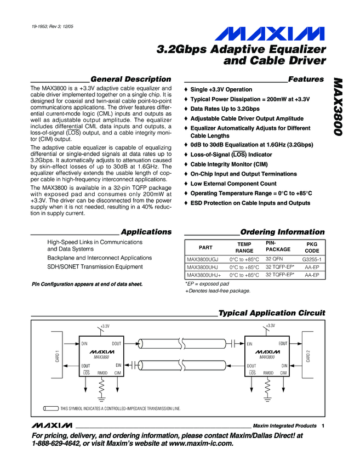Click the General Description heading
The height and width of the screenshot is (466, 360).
coord(130,79)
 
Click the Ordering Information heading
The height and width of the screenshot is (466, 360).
coord(282,232)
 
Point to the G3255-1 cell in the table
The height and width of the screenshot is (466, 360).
coord(311,258)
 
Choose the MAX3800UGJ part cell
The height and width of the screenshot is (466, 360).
coord(202,259)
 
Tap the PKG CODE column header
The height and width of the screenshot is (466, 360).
coord(312,247)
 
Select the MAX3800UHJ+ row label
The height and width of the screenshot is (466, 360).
coord(204,275)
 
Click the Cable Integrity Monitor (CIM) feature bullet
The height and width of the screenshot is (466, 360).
coord(228,164)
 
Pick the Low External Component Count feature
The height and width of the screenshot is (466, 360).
coord(233,184)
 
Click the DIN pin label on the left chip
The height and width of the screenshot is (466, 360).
coord(85,344)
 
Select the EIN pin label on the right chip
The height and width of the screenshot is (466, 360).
coord(250,344)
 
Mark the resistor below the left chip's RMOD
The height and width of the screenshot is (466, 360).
coord(102,387)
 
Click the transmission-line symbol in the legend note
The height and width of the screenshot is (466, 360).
coord(50,408)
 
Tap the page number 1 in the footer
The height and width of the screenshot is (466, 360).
coord(323,426)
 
